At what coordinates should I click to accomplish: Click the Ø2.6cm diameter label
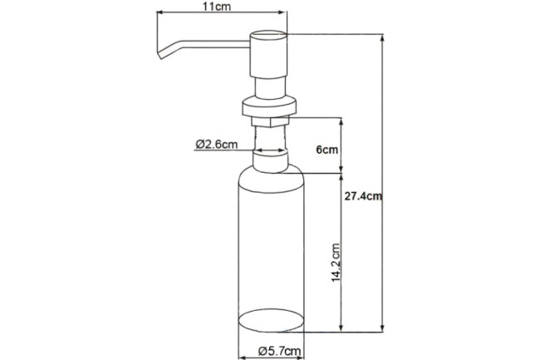tap(217, 143)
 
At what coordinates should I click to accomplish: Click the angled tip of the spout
tap(157, 54)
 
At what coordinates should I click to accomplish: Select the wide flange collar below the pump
tap(268, 107)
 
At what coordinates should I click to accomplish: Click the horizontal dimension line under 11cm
tap(221, 14)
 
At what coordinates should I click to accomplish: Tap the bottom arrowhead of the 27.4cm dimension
tap(383, 325)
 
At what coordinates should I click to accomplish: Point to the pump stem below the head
tap(268, 86)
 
